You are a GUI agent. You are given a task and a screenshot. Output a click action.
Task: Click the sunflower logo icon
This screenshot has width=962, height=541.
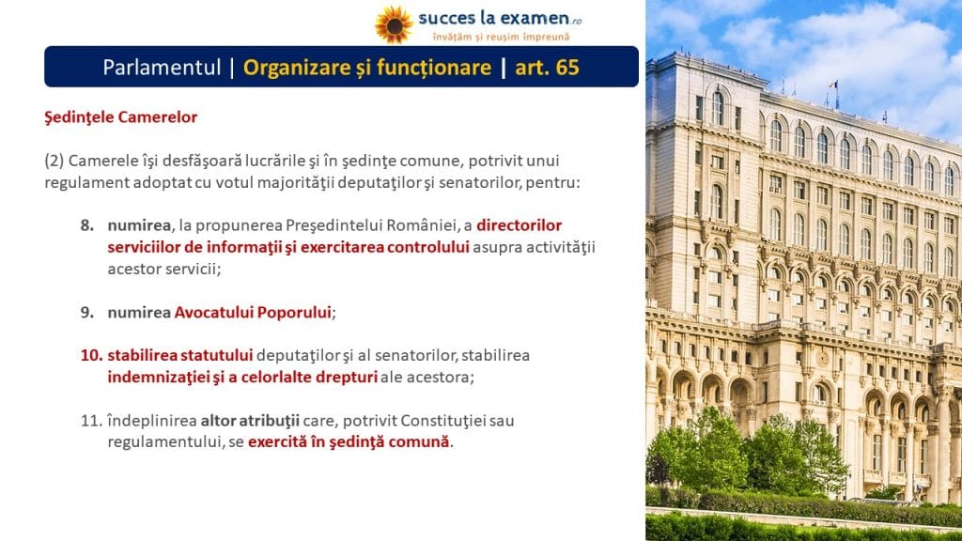(x=394, y=24)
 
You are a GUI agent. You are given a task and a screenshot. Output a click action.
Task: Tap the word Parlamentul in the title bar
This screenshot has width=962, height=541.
(x=162, y=67)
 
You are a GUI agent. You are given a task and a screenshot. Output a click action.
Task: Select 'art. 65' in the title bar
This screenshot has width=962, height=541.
(x=547, y=67)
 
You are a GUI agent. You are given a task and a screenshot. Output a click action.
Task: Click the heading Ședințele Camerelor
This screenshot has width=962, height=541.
(x=121, y=117)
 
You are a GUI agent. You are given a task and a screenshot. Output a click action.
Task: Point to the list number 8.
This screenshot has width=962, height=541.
(x=87, y=225)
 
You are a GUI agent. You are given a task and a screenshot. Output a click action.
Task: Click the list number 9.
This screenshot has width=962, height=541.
(x=87, y=312)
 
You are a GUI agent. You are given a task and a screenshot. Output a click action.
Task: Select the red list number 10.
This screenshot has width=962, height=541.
(x=90, y=355)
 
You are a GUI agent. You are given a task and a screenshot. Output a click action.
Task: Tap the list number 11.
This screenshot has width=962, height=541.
(x=91, y=421)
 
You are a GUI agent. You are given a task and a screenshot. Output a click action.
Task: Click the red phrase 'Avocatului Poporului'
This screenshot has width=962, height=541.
(x=253, y=312)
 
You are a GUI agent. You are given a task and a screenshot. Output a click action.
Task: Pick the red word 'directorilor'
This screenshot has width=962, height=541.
(x=519, y=225)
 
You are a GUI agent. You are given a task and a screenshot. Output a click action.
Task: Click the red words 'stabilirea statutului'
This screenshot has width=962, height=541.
(x=179, y=355)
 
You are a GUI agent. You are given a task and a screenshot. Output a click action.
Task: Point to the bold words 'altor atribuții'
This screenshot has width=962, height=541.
(x=250, y=421)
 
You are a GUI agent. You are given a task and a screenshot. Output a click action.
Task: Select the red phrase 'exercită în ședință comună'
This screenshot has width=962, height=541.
(x=349, y=441)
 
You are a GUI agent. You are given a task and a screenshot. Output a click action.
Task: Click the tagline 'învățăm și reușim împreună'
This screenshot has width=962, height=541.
(x=501, y=37)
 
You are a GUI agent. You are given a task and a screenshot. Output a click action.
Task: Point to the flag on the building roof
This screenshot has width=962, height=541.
(x=834, y=85)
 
